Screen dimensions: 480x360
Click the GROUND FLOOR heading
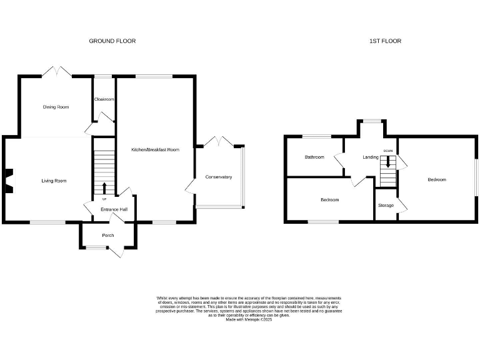[112, 41]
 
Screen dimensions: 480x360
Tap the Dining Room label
[56, 107]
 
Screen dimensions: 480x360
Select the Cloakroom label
[104, 99]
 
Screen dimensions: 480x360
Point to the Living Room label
[54, 181]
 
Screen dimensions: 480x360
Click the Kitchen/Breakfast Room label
[155, 150]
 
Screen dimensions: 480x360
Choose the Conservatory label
[219, 177]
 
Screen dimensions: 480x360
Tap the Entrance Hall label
[114, 209]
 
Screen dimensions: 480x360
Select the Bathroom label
[314, 157]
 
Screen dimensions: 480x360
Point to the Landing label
[371, 157]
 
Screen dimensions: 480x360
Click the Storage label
[386, 205]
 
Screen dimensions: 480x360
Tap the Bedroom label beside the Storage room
[437, 180]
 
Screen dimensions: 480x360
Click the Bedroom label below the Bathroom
[329, 200]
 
